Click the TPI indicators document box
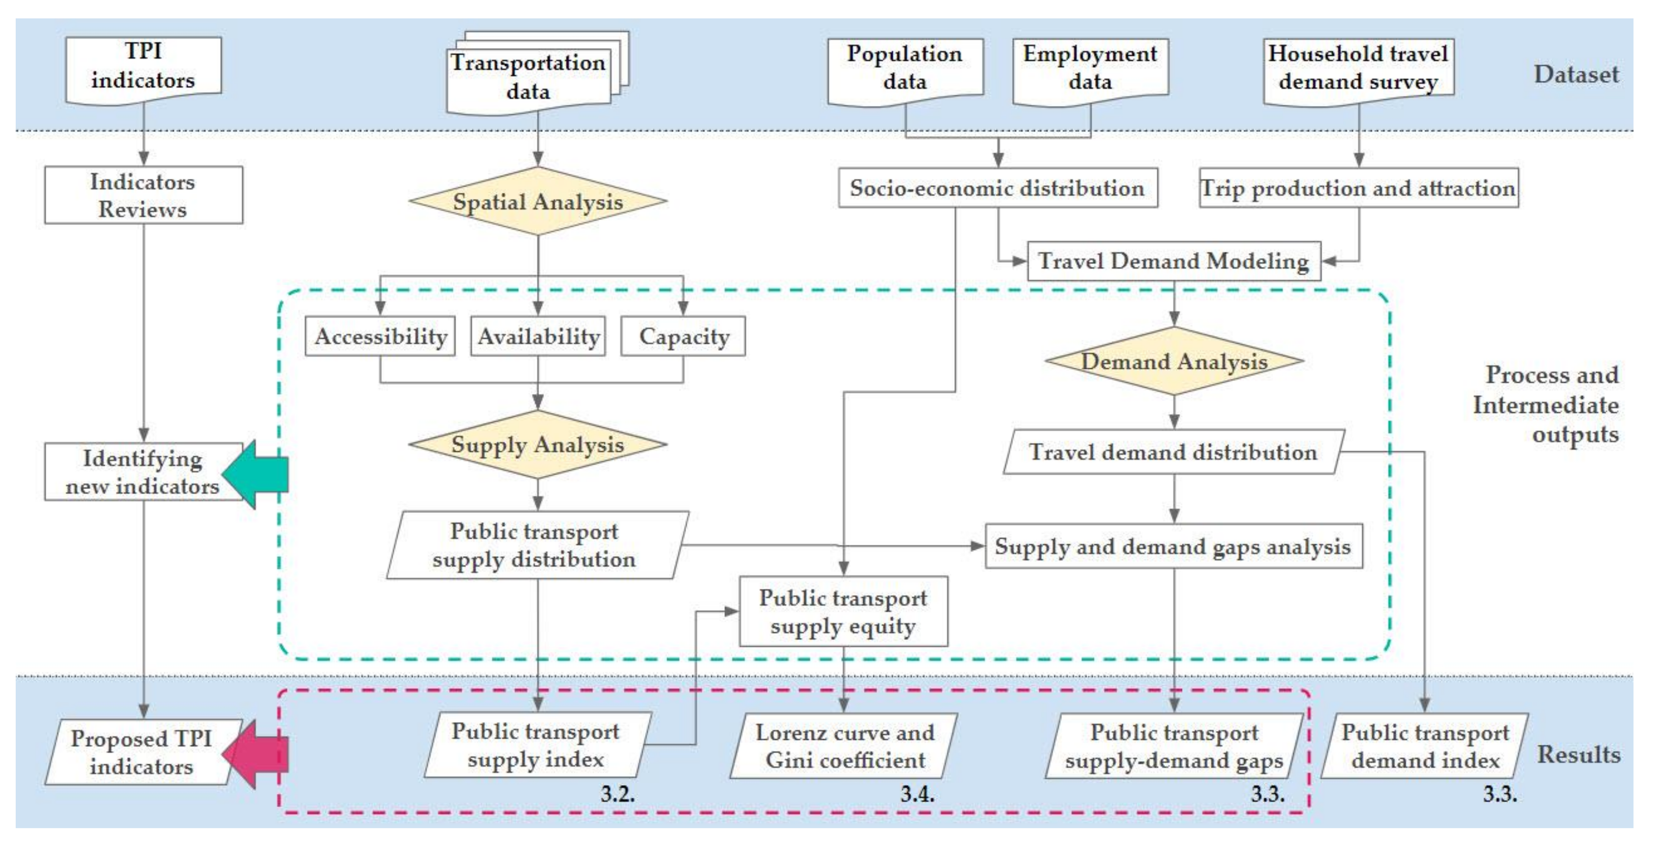pos(143,67)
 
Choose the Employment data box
pos(1090,69)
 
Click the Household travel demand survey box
pos(1358,69)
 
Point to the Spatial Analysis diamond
pos(537,201)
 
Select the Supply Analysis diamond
pos(537,444)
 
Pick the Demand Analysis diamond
pos(1174,361)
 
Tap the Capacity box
pos(683,336)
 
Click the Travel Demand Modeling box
pos(1174,261)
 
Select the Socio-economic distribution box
pos(998,188)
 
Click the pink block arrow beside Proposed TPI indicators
pos(257,754)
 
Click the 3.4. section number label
pos(917,794)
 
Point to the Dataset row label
pos(1576,75)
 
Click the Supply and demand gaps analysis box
pos(1173,547)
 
